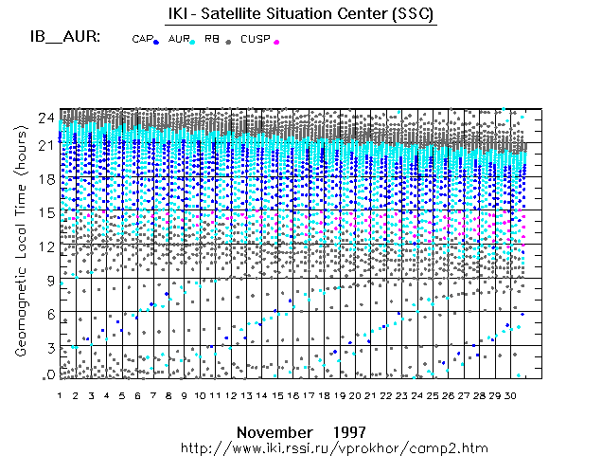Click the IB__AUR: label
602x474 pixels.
64,38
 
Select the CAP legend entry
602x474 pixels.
143,39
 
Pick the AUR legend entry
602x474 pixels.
179,39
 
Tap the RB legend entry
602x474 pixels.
211,39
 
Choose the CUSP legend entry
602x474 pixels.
255,39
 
